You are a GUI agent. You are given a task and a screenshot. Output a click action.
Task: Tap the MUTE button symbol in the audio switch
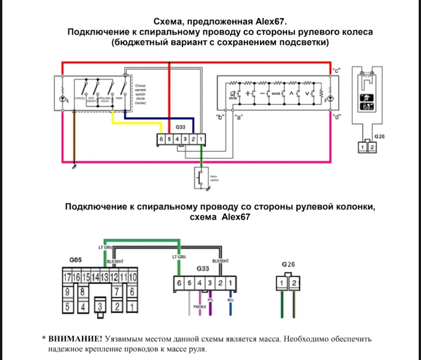pyautogui.click(x=233, y=94)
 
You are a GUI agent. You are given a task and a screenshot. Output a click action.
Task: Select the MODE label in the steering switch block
pyautogui.click(x=276, y=94)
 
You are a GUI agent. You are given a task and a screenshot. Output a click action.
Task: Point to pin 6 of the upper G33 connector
pyautogui.click(x=161, y=139)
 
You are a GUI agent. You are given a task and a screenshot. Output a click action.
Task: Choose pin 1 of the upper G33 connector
pyautogui.click(x=201, y=139)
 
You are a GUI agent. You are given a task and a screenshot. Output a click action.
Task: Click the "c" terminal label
pyautogui.click(x=337, y=70)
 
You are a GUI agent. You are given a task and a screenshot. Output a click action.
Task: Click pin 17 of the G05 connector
pyautogui.click(x=67, y=277)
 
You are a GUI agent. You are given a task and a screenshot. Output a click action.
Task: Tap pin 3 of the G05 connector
pyautogui.click(x=101, y=305)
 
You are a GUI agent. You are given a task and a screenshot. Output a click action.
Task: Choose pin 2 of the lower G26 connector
pyautogui.click(x=294, y=283)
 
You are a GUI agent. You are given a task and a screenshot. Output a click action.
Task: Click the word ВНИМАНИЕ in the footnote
pyautogui.click(x=75, y=339)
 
